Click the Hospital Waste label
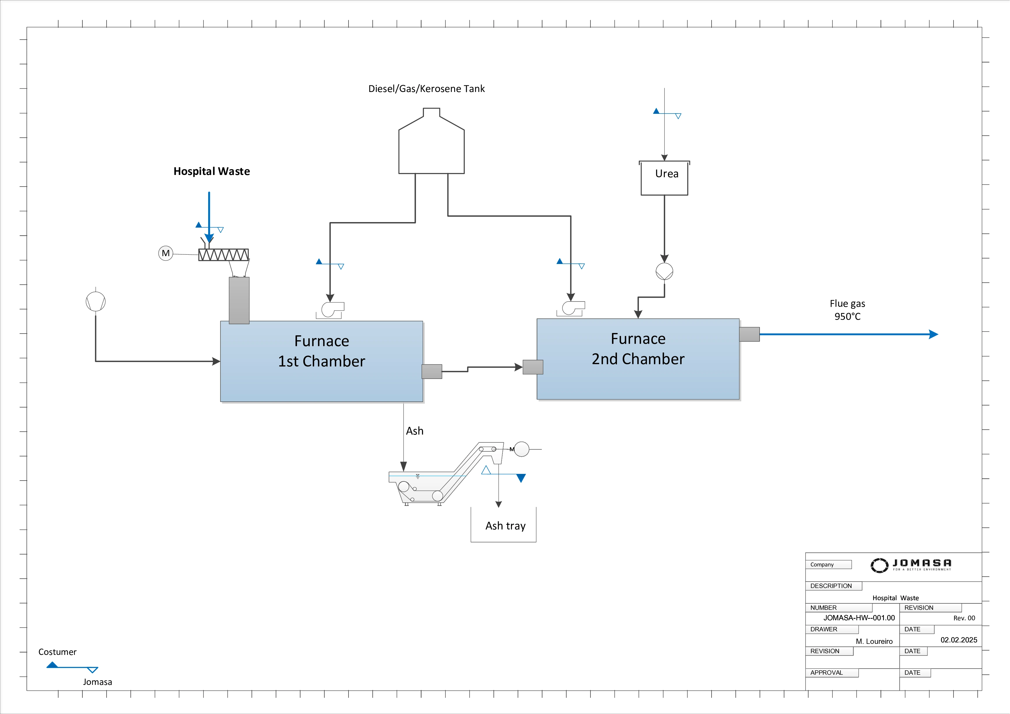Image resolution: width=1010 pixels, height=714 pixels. click(212, 171)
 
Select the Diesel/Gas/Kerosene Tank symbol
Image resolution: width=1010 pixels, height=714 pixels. click(431, 145)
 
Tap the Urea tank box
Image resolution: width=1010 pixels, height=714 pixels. click(664, 178)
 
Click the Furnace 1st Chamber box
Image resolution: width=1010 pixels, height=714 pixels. click(321, 362)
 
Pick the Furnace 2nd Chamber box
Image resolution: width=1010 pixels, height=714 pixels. click(638, 359)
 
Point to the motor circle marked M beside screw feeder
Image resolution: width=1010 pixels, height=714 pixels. click(165, 253)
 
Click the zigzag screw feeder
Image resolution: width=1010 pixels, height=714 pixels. click(224, 255)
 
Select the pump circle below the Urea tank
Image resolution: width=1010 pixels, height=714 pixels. click(664, 271)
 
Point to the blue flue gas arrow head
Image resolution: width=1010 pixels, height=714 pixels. click(933, 334)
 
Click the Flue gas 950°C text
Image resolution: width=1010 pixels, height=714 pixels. click(847, 310)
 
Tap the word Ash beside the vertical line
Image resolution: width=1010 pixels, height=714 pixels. click(414, 431)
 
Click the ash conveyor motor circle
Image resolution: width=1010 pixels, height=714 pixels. click(522, 449)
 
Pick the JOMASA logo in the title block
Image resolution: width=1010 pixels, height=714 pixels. click(911, 565)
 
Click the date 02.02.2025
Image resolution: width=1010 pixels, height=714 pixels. click(958, 640)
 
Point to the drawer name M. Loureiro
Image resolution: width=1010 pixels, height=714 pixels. click(874, 642)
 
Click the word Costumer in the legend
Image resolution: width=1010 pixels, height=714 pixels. click(57, 652)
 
